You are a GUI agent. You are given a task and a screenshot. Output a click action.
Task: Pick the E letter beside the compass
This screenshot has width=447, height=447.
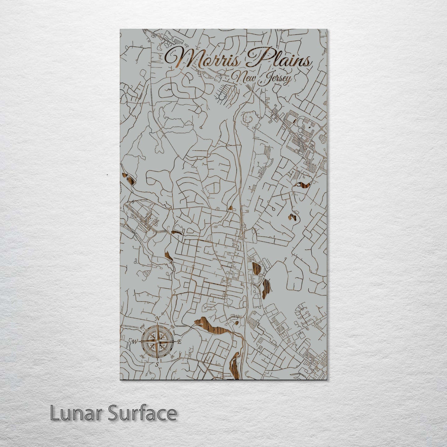pyautogui.click(x=179, y=342)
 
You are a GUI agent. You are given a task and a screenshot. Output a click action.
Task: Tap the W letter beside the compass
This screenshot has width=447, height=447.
pyautogui.click(x=135, y=342)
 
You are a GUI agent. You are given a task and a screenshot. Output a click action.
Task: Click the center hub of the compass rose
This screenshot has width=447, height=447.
pyautogui.click(x=157, y=342)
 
